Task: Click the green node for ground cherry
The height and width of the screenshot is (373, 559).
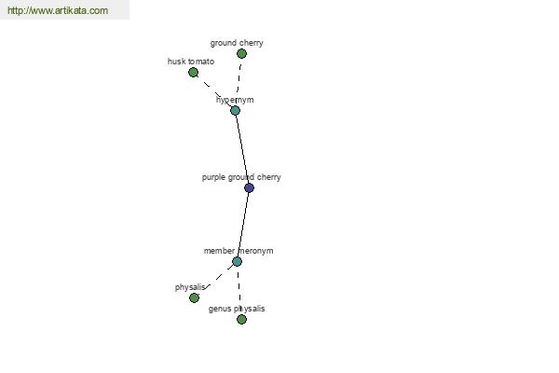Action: tap(241, 54)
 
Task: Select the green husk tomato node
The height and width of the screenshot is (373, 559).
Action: tap(193, 73)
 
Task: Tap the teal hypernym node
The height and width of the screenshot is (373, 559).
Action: tap(235, 111)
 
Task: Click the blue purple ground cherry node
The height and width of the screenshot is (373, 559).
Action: tap(249, 187)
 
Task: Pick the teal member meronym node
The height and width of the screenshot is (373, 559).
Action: tap(237, 262)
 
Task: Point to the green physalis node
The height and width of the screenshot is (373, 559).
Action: tap(195, 297)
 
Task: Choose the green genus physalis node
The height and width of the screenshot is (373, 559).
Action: tap(241, 319)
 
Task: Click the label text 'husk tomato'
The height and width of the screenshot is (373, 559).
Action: tap(191, 62)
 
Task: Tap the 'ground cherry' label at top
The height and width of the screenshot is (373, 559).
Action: tap(237, 43)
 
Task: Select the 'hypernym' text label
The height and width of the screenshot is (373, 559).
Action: tap(235, 100)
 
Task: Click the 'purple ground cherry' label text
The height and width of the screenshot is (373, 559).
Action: tap(241, 177)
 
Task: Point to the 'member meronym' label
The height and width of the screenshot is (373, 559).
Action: tap(239, 251)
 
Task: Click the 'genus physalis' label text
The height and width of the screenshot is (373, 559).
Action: tap(237, 309)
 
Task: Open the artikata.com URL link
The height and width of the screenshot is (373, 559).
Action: tap(58, 10)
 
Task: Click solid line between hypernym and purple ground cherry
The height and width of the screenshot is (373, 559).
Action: tap(242, 148)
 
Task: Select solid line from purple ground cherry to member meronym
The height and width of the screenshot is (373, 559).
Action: tap(243, 225)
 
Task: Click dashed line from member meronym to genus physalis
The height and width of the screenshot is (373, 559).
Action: tap(239, 290)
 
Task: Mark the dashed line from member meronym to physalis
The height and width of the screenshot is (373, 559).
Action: tap(219, 276)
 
